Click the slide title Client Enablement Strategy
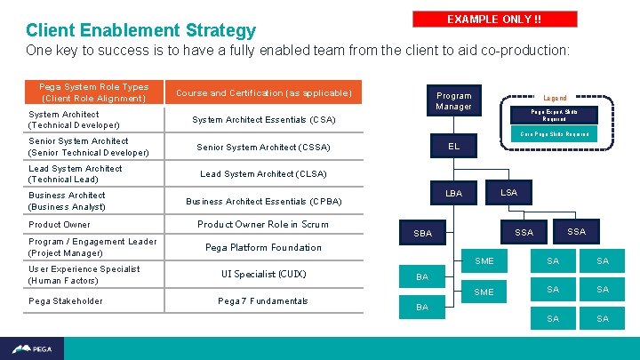[140, 31]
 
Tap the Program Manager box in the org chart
[453, 100]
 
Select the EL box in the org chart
[453, 146]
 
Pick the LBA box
[453, 193]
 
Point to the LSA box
[508, 192]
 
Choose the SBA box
[422, 233]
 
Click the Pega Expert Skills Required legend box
[554, 116]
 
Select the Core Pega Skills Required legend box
[554, 134]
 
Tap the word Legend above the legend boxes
[555, 98]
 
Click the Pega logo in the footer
[32, 348]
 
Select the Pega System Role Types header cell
[93, 92]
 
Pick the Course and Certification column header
[263, 92]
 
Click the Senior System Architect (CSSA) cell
[263, 147]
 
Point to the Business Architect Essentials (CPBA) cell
[263, 201]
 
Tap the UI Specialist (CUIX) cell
[263, 274]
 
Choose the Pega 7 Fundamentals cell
[263, 300]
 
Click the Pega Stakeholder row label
[65, 300]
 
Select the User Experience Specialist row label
[84, 274]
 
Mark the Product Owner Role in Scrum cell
[263, 224]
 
